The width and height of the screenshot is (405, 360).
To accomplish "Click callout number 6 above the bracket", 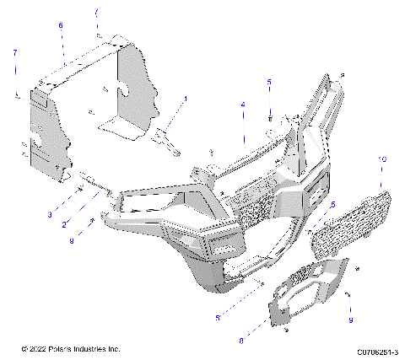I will click(x=61, y=26).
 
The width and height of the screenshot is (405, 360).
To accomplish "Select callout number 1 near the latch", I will click(x=186, y=99).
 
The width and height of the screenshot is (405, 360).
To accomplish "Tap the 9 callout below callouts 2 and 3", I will click(x=72, y=241).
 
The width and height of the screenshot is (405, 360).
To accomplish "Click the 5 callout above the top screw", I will click(x=269, y=82).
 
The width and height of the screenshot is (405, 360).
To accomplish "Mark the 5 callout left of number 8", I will click(x=218, y=318).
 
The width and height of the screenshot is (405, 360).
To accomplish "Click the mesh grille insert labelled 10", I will click(x=346, y=223).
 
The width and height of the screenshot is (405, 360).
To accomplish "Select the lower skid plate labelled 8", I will click(x=295, y=291).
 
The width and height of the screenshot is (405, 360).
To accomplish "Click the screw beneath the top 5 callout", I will click(x=269, y=116).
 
